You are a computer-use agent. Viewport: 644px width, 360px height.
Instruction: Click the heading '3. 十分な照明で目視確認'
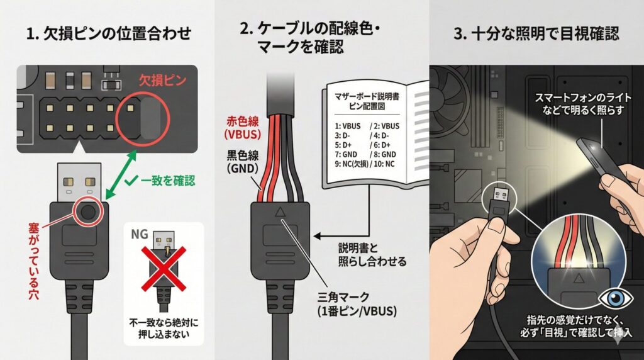[x=536, y=33]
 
